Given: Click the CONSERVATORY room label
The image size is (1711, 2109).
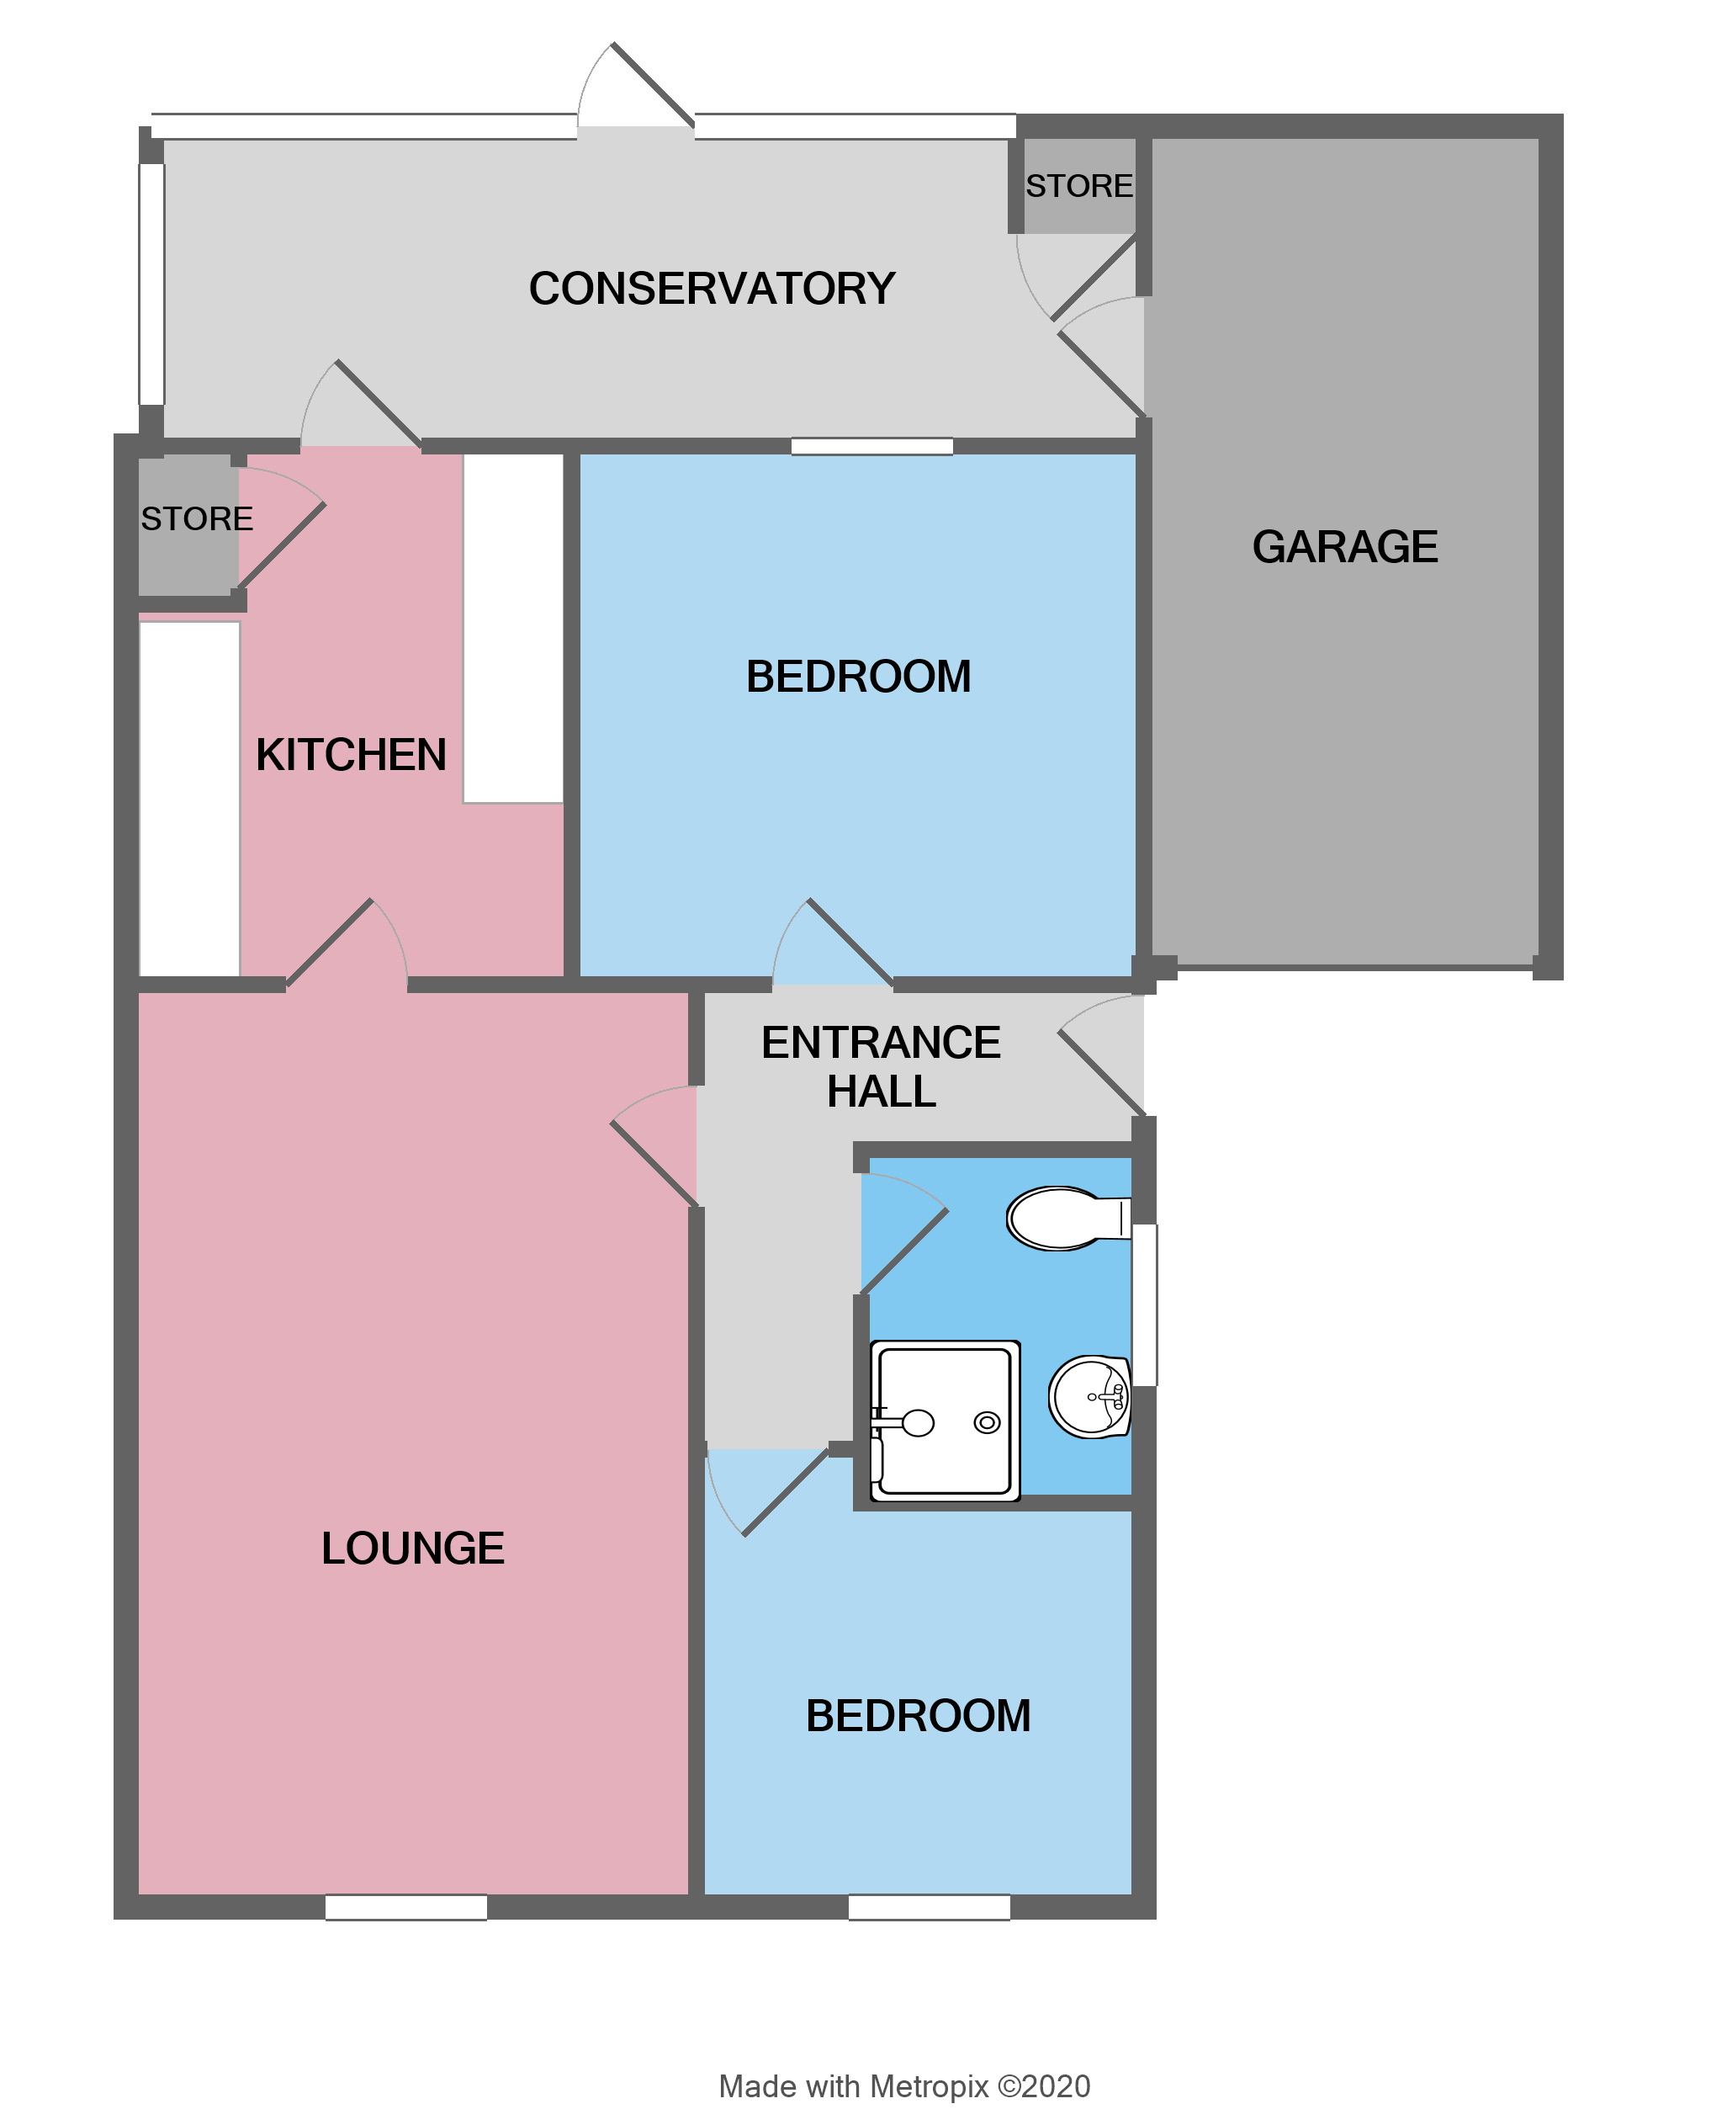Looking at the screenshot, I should pyautogui.click(x=712, y=289).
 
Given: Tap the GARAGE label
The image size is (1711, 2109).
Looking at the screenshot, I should pyautogui.click(x=1344, y=547).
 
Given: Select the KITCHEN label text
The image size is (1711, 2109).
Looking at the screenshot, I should pyautogui.click(x=351, y=755).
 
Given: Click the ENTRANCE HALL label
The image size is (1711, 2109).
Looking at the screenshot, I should pyautogui.click(x=881, y=1067).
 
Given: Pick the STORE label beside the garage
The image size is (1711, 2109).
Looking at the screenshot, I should pyautogui.click(x=1079, y=186).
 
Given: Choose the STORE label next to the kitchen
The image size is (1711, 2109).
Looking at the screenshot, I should pyautogui.click(x=197, y=519).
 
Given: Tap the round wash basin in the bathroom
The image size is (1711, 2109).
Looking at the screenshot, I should pyautogui.click(x=1089, y=1397).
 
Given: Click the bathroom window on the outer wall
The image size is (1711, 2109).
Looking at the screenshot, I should pyautogui.click(x=1144, y=1304).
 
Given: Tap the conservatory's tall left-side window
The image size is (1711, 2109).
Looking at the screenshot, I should pyautogui.click(x=151, y=284).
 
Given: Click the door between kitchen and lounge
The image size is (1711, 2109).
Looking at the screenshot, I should pyautogui.click(x=345, y=947).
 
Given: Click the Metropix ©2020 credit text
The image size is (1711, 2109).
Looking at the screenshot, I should pyautogui.click(x=903, y=2086).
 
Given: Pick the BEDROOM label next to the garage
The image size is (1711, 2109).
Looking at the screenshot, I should pyautogui.click(x=859, y=677).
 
